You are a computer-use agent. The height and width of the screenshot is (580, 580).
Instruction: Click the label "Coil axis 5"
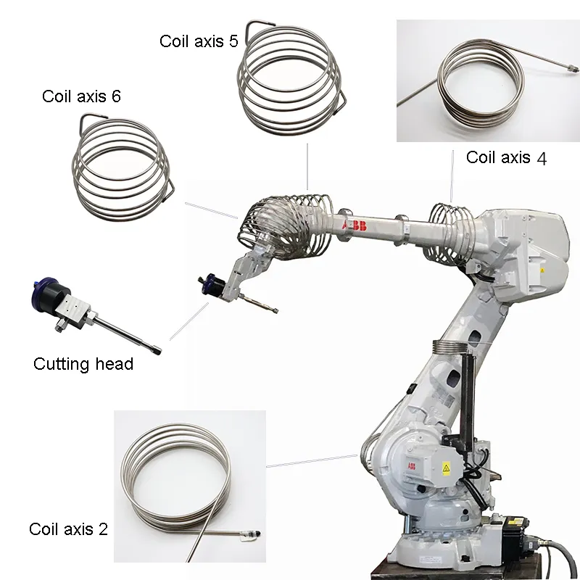pyautogui.click(x=198, y=41)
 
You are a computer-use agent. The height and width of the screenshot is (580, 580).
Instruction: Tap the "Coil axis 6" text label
pyautogui.click(x=81, y=96)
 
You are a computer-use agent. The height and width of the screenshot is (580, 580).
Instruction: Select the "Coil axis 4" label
pyautogui.click(x=506, y=157)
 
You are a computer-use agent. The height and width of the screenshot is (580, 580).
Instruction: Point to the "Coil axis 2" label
pyautogui.click(x=68, y=529)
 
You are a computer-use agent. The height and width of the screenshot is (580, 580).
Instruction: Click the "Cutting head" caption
pyautogui.click(x=83, y=363)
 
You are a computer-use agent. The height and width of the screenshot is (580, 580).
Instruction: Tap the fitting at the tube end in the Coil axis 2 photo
pyautogui.click(x=251, y=536)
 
